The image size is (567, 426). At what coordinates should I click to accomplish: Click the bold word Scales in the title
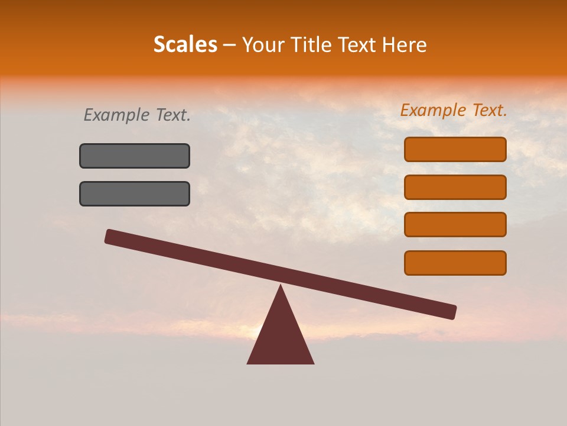[185, 44]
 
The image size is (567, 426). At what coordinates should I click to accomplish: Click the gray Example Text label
[137, 115]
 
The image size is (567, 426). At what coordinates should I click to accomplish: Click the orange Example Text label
[454, 110]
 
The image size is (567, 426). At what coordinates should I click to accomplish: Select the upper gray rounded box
[135, 156]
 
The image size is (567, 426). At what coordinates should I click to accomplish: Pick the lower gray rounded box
[135, 193]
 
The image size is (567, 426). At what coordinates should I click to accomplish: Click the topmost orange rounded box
[455, 149]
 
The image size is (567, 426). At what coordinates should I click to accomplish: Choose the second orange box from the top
[455, 187]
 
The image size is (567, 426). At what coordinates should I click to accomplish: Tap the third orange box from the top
[455, 224]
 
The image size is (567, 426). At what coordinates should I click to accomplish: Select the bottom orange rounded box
[455, 263]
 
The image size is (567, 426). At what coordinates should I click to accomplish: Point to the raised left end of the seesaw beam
[110, 236]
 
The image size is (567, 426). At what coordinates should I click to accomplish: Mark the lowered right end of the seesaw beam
[451, 312]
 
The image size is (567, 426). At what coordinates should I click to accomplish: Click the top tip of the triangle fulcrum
[281, 287]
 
